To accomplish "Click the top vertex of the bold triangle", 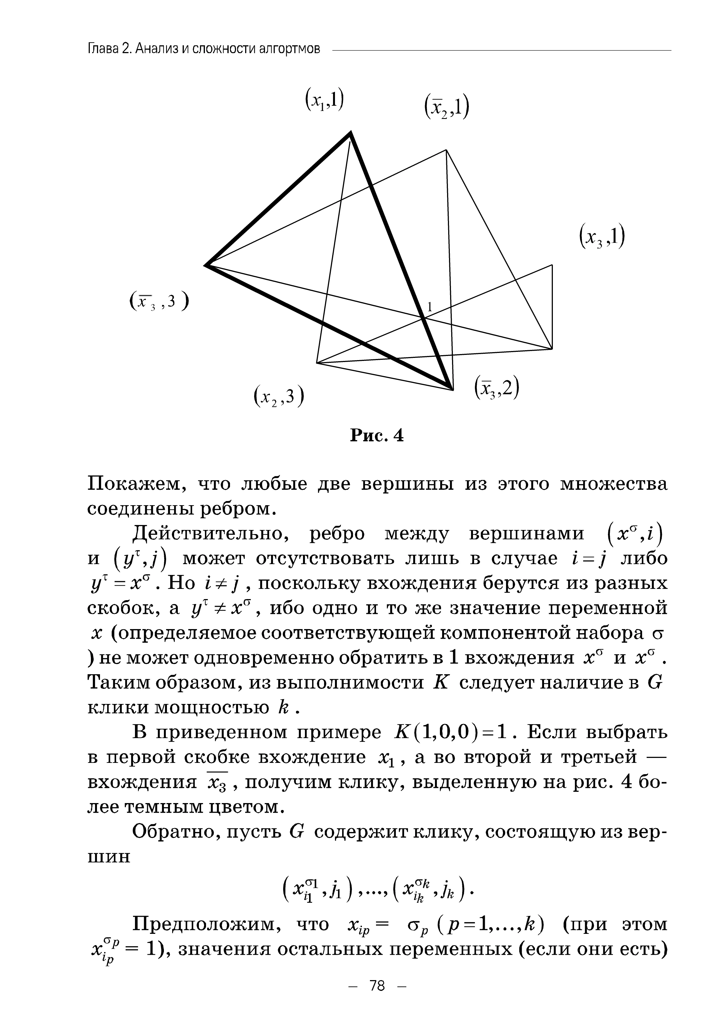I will coord(350,132).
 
